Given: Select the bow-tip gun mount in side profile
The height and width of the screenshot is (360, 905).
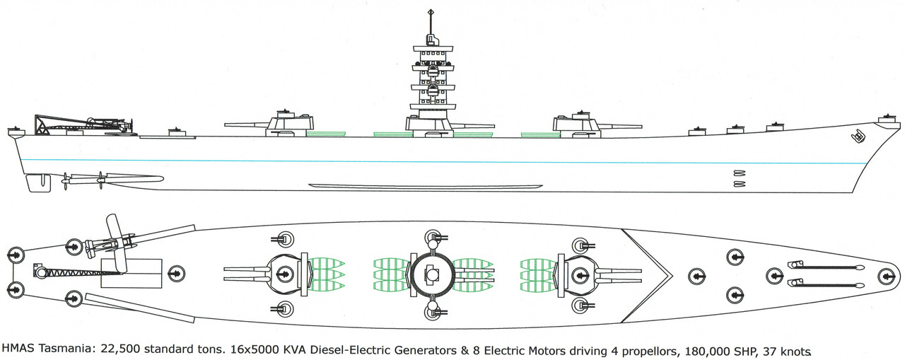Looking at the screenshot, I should pyautogui.click(x=885, y=120).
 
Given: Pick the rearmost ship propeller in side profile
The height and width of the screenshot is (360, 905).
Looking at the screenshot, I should pyautogui.click(x=66, y=180).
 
